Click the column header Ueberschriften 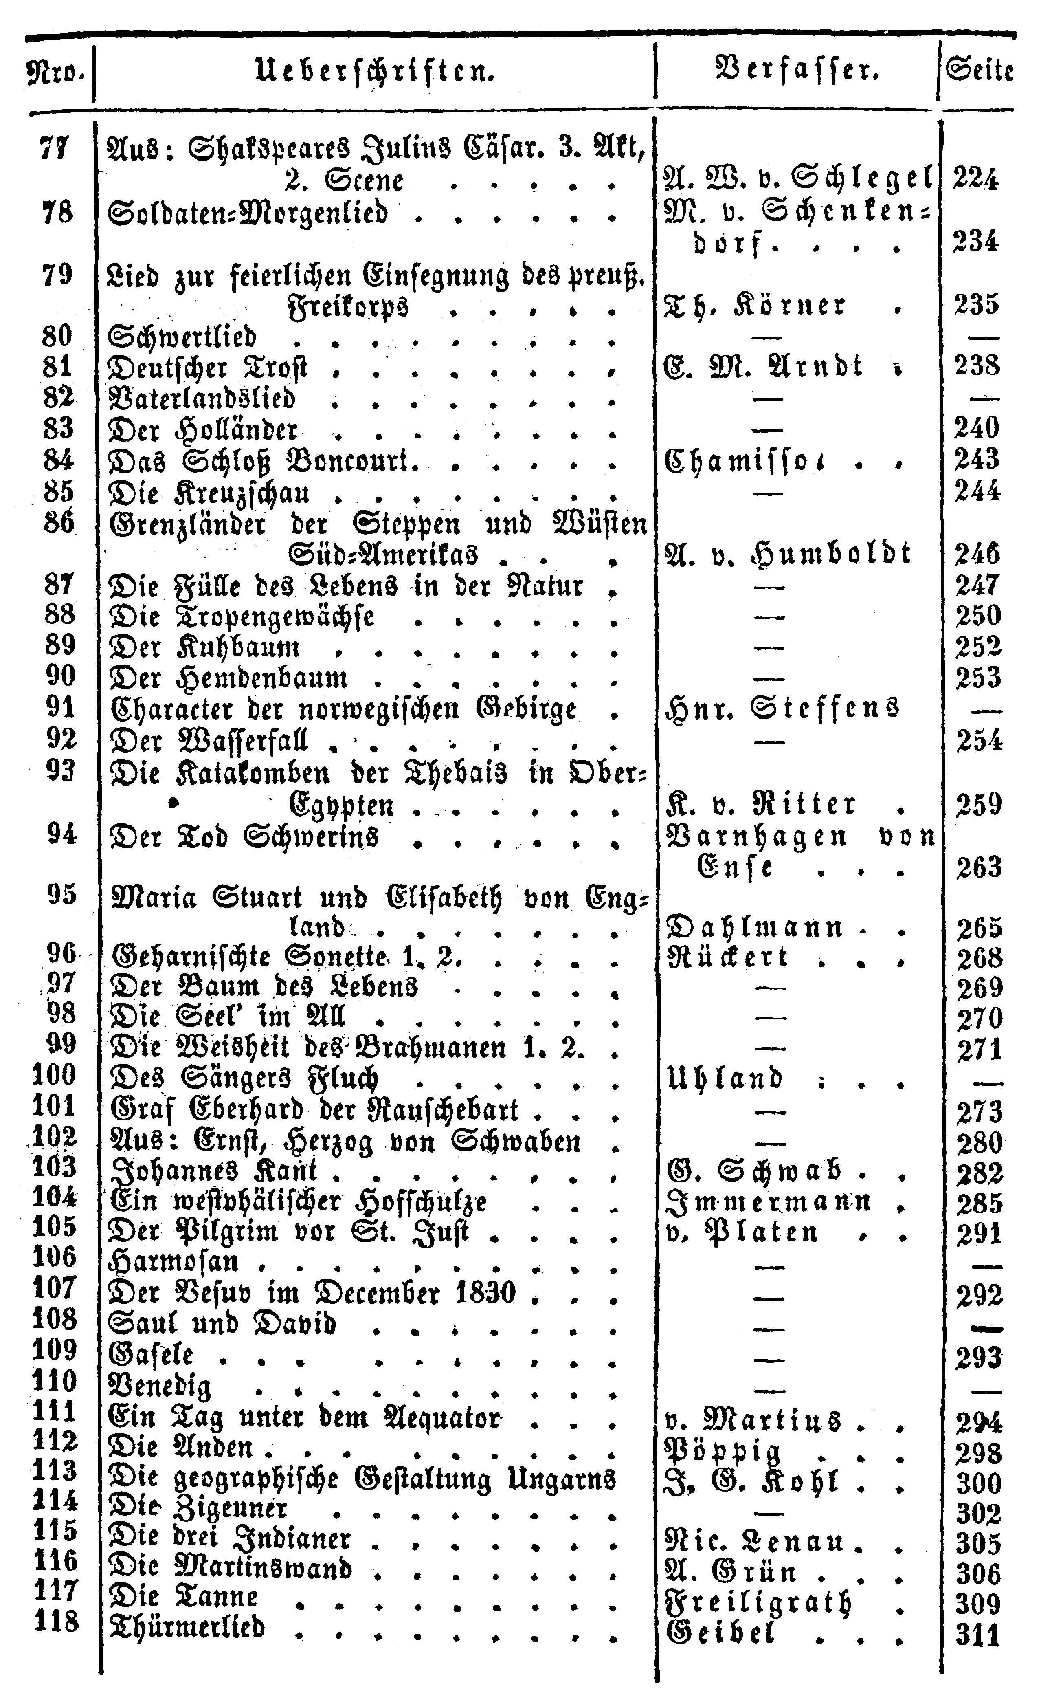pos(375,71)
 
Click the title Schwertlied pos(182,337)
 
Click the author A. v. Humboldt pos(788,554)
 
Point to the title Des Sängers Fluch pos(244,1078)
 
